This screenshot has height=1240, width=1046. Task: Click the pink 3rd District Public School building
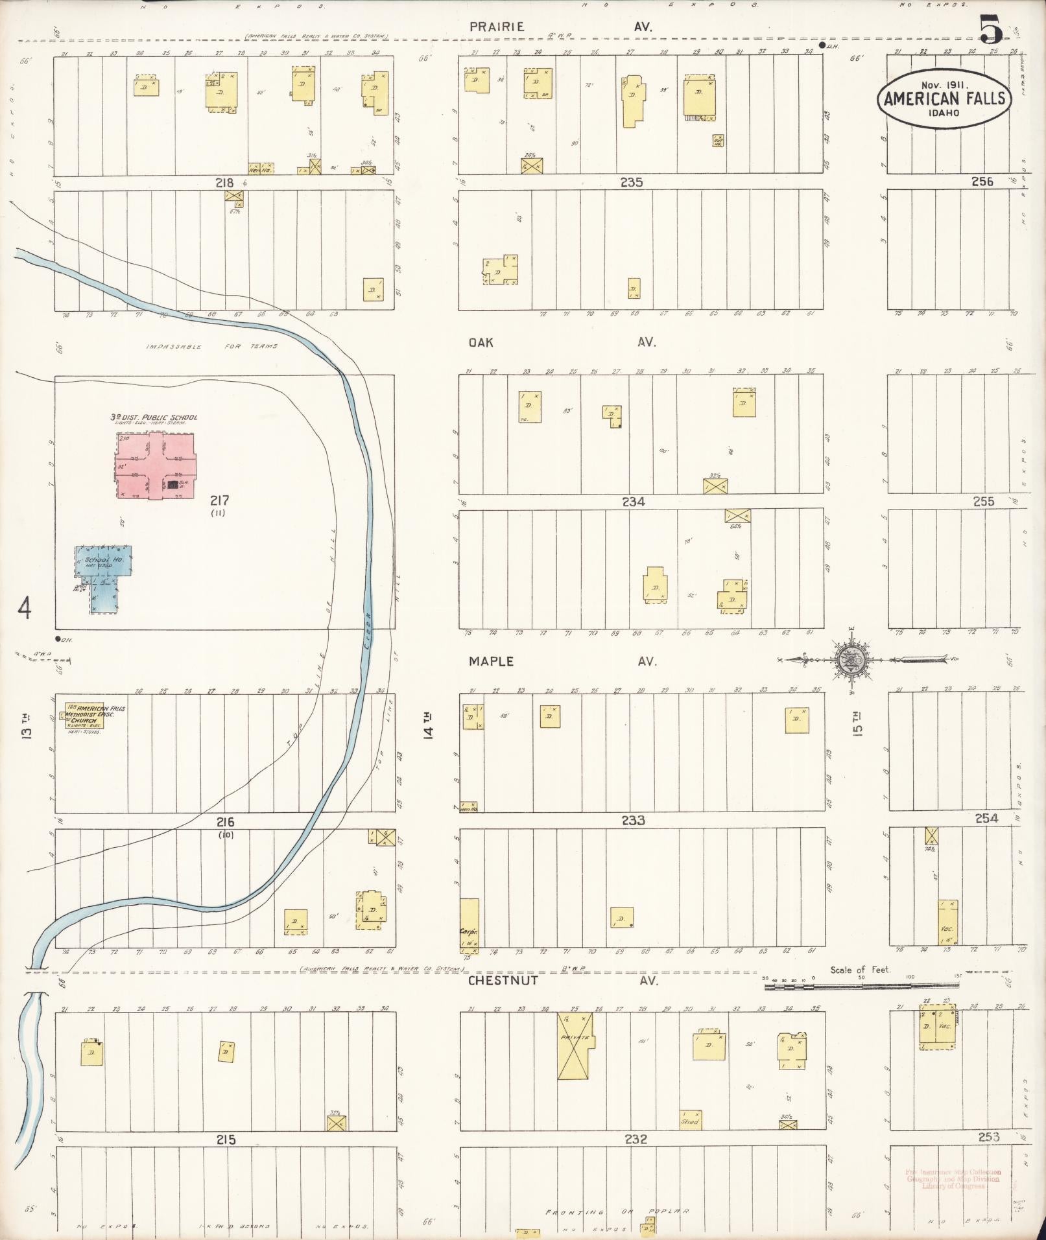[156, 465]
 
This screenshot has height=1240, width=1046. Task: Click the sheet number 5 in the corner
[992, 30]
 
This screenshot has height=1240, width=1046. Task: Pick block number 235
[631, 183]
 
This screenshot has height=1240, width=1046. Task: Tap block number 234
[633, 501]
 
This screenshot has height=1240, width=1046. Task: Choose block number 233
[633, 821]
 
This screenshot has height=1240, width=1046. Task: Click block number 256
[982, 181]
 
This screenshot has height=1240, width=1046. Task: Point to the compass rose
[850, 659]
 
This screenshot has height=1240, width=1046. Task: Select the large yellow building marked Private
[575, 1046]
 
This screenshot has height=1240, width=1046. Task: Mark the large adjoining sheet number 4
[25, 609]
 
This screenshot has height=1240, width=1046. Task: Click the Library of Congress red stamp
[953, 1179]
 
